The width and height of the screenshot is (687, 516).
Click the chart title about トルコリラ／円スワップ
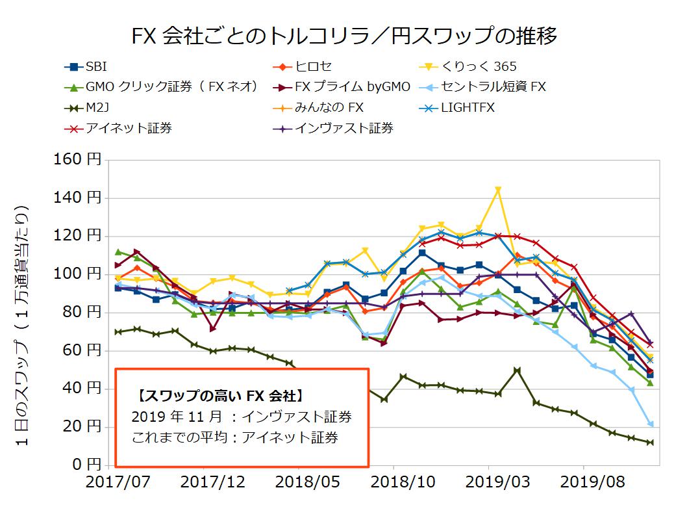[x=343, y=35]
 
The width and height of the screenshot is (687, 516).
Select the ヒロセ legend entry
[x=314, y=66]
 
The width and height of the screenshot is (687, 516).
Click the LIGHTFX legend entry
[x=467, y=107]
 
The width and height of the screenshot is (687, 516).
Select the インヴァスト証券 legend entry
[x=344, y=128]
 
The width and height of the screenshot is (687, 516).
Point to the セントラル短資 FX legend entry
[x=493, y=86]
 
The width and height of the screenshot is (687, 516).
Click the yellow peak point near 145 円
[x=498, y=190]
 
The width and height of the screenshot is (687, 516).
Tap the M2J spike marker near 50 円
[x=517, y=370]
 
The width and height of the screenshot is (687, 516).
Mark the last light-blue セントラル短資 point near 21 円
[x=650, y=424]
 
